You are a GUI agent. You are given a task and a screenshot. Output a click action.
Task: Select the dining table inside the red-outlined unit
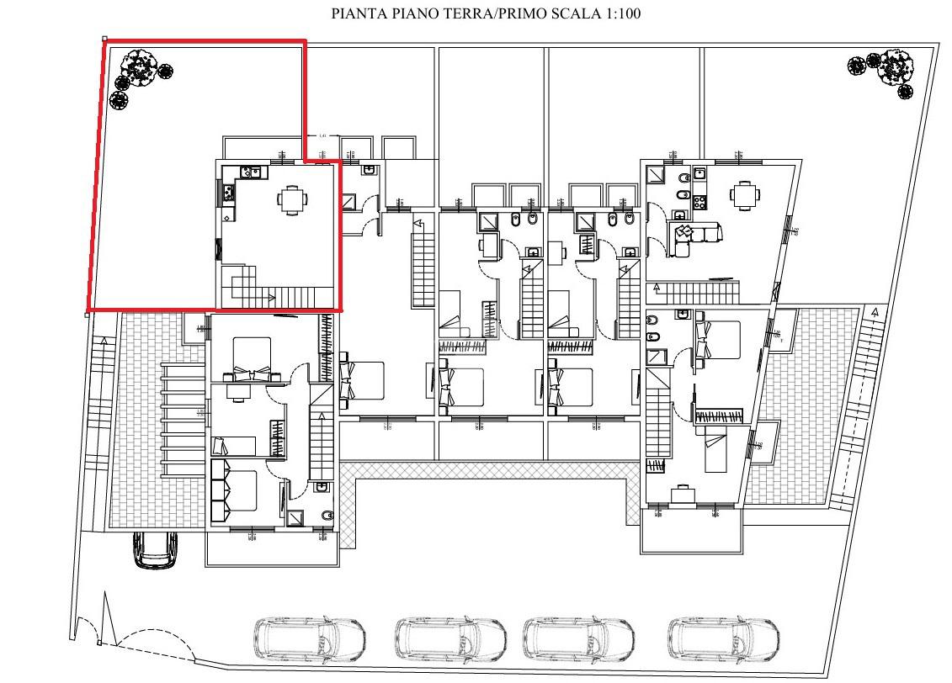pyautogui.click(x=291, y=200)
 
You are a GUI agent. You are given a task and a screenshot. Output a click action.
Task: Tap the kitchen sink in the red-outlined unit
pyautogui.click(x=251, y=172)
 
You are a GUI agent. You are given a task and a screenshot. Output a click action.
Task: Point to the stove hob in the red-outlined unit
pyautogui.click(x=227, y=193)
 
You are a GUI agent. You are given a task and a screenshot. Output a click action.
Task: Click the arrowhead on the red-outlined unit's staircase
pyautogui.click(x=271, y=297)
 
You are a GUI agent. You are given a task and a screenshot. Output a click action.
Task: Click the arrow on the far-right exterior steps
pyautogui.click(x=875, y=313)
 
